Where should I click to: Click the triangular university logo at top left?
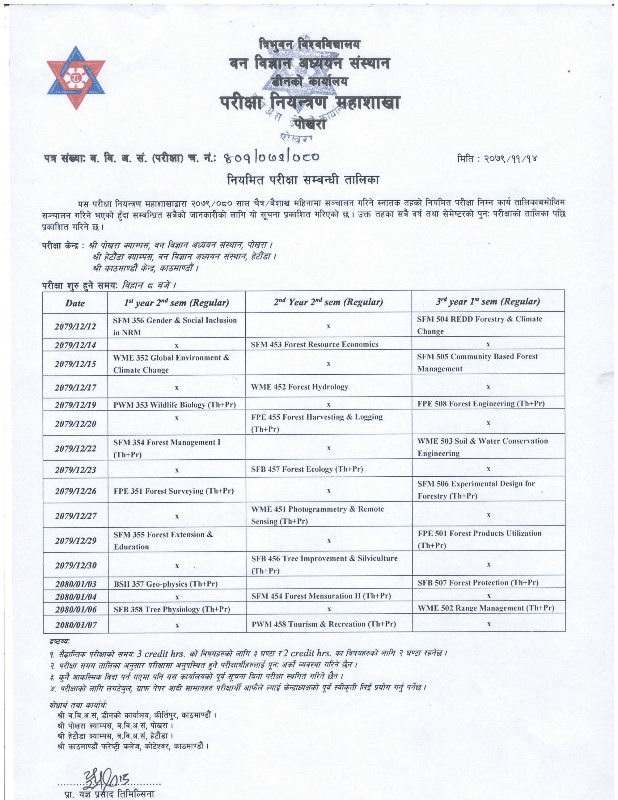click(76, 78)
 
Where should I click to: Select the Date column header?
click(75, 303)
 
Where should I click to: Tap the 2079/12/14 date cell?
click(75, 345)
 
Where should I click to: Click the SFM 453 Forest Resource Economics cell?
click(314, 344)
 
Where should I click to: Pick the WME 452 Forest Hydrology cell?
click(299, 387)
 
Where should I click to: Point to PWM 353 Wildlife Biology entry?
click(174, 405)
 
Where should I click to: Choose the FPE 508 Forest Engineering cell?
click(481, 404)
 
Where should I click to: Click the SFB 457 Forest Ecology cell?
click(307, 469)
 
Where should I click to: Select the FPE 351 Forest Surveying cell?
click(174, 491)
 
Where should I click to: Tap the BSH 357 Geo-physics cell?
click(166, 584)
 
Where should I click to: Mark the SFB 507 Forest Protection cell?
click(478, 583)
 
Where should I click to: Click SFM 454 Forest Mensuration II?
click(321, 596)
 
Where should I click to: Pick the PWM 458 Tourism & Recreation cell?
click(323, 624)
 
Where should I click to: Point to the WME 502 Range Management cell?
click(485, 608)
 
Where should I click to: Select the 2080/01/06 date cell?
click(76, 610)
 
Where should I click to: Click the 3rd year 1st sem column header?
click(488, 302)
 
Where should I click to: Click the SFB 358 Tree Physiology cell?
click(172, 609)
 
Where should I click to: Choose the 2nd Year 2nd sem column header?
click(328, 302)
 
